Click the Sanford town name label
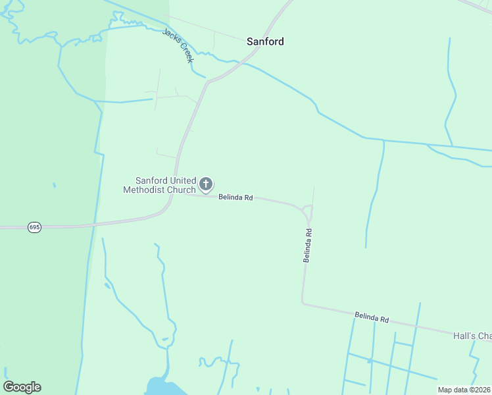(x=265, y=41)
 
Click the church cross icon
(x=206, y=184)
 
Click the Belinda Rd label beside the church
(x=235, y=197)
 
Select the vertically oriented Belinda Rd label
(x=307, y=246)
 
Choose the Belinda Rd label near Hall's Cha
(x=372, y=318)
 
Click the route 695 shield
(x=35, y=227)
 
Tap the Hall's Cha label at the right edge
(x=472, y=336)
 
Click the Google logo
(x=22, y=387)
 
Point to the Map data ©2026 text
(x=464, y=390)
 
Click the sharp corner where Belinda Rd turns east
(x=303, y=303)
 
